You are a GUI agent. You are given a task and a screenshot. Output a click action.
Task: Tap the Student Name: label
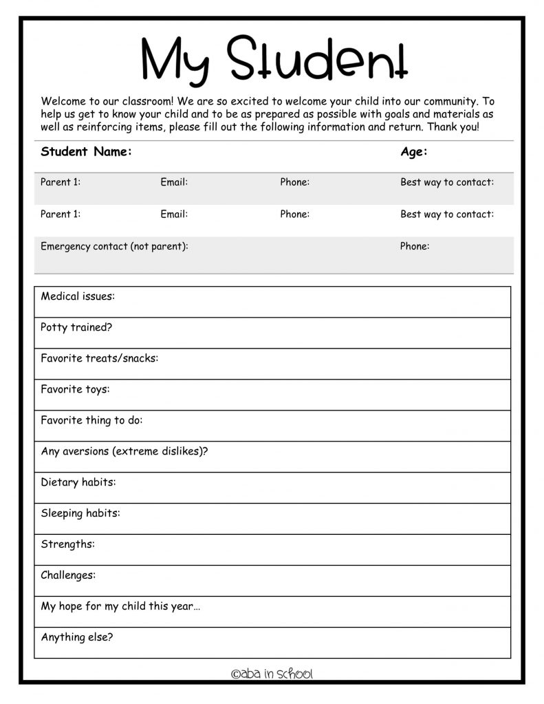[86, 152]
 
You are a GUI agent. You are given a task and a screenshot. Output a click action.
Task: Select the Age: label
[414, 152]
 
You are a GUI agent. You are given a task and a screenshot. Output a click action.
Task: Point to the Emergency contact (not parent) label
[114, 246]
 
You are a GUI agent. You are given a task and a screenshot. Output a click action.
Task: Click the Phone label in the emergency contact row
[415, 246]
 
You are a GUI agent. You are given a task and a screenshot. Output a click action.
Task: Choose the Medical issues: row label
[78, 296]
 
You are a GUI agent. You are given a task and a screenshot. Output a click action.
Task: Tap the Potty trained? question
[76, 327]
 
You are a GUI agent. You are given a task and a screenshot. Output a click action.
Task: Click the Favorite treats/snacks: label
[99, 358]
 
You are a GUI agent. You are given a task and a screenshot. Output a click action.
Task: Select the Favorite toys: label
[75, 389]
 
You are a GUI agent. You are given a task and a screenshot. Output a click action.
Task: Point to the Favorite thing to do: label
[91, 420]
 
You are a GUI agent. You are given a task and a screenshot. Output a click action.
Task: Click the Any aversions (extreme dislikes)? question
[124, 451]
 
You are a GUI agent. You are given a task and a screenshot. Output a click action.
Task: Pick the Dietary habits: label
[78, 482]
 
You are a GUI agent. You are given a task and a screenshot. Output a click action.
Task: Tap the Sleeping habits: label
[80, 513]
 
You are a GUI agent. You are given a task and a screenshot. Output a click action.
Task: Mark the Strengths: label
[67, 544]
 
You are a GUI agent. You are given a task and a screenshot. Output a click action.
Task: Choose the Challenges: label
[68, 575]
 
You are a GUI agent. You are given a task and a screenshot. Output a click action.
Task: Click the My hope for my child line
[120, 606]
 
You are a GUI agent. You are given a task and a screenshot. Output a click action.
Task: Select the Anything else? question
[77, 637]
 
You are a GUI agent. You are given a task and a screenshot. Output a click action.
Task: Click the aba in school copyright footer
[272, 674]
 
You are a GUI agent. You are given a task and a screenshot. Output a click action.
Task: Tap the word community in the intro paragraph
[441, 101]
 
